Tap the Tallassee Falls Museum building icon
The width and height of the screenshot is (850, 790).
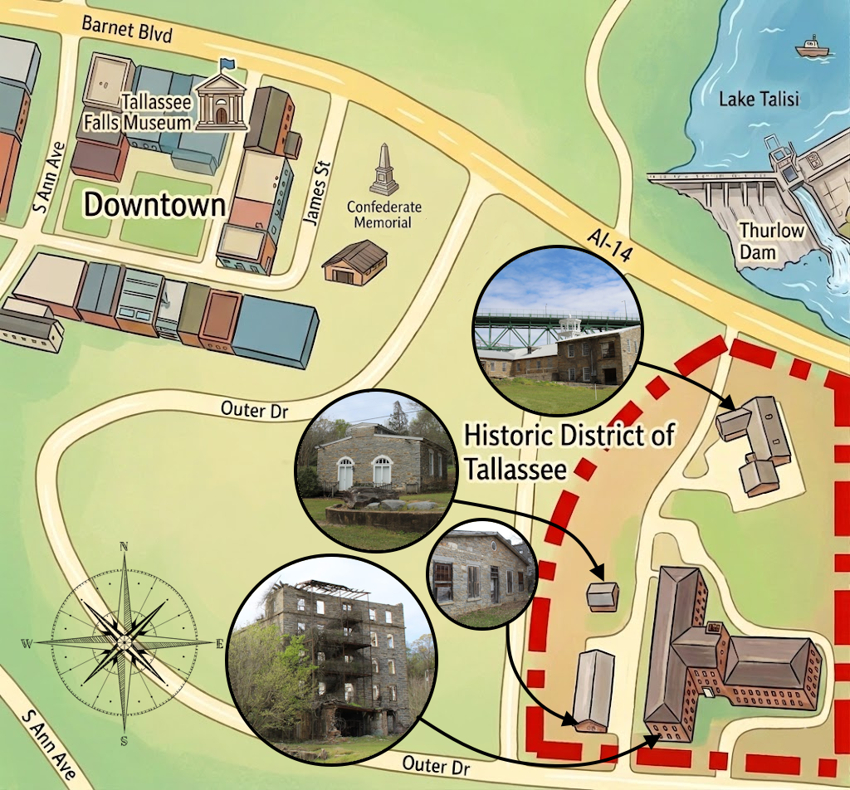(221, 103)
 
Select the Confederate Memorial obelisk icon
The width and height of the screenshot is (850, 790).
(383, 172)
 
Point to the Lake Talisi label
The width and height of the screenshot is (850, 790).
(759, 100)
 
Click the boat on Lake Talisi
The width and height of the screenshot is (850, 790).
(812, 48)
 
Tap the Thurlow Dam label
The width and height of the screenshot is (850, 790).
(771, 240)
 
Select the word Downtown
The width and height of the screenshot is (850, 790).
(155, 205)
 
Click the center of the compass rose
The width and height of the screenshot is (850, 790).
(123, 641)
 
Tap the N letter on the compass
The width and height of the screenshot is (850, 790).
(124, 546)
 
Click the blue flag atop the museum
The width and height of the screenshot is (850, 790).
(227, 64)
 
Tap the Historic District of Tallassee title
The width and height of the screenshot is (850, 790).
(569, 451)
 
